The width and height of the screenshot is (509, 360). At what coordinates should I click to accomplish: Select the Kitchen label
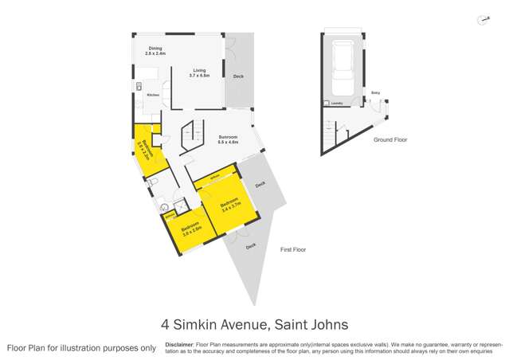(x=152, y=95)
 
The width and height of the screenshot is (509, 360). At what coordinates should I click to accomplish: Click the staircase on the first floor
(x=192, y=136)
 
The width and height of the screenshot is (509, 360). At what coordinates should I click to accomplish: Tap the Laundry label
(x=337, y=104)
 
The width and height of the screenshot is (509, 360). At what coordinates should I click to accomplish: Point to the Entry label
(x=375, y=93)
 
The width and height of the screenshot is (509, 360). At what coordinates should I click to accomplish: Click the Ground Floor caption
(x=390, y=139)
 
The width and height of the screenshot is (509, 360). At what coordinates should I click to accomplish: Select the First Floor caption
(x=292, y=250)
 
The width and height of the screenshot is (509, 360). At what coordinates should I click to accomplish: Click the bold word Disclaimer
(x=180, y=344)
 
